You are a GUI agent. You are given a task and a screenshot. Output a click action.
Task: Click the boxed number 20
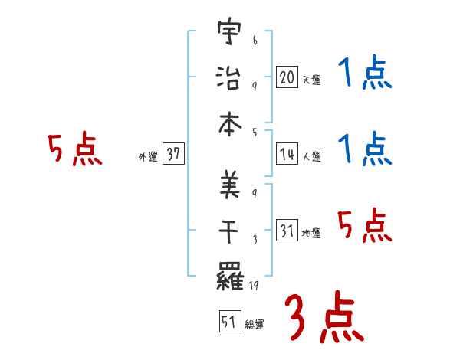tap(287, 77)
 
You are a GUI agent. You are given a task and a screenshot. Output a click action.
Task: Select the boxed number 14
tap(287, 153)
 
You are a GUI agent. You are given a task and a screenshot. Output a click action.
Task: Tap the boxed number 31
tap(287, 230)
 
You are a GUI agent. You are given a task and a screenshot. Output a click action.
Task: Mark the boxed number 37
tap(173, 154)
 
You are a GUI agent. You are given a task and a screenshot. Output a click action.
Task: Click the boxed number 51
tap(229, 322)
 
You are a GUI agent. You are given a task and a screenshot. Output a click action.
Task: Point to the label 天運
tap(311, 80)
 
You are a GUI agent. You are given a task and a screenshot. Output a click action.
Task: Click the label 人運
tap(311, 156)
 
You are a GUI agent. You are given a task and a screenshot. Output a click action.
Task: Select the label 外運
tap(147, 157)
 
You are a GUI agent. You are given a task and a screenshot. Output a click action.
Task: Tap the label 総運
tap(255, 325)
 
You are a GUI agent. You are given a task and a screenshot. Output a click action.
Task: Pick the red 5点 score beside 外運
tap(74, 150)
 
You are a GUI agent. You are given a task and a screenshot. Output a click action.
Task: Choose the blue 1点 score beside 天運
tap(364, 76)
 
